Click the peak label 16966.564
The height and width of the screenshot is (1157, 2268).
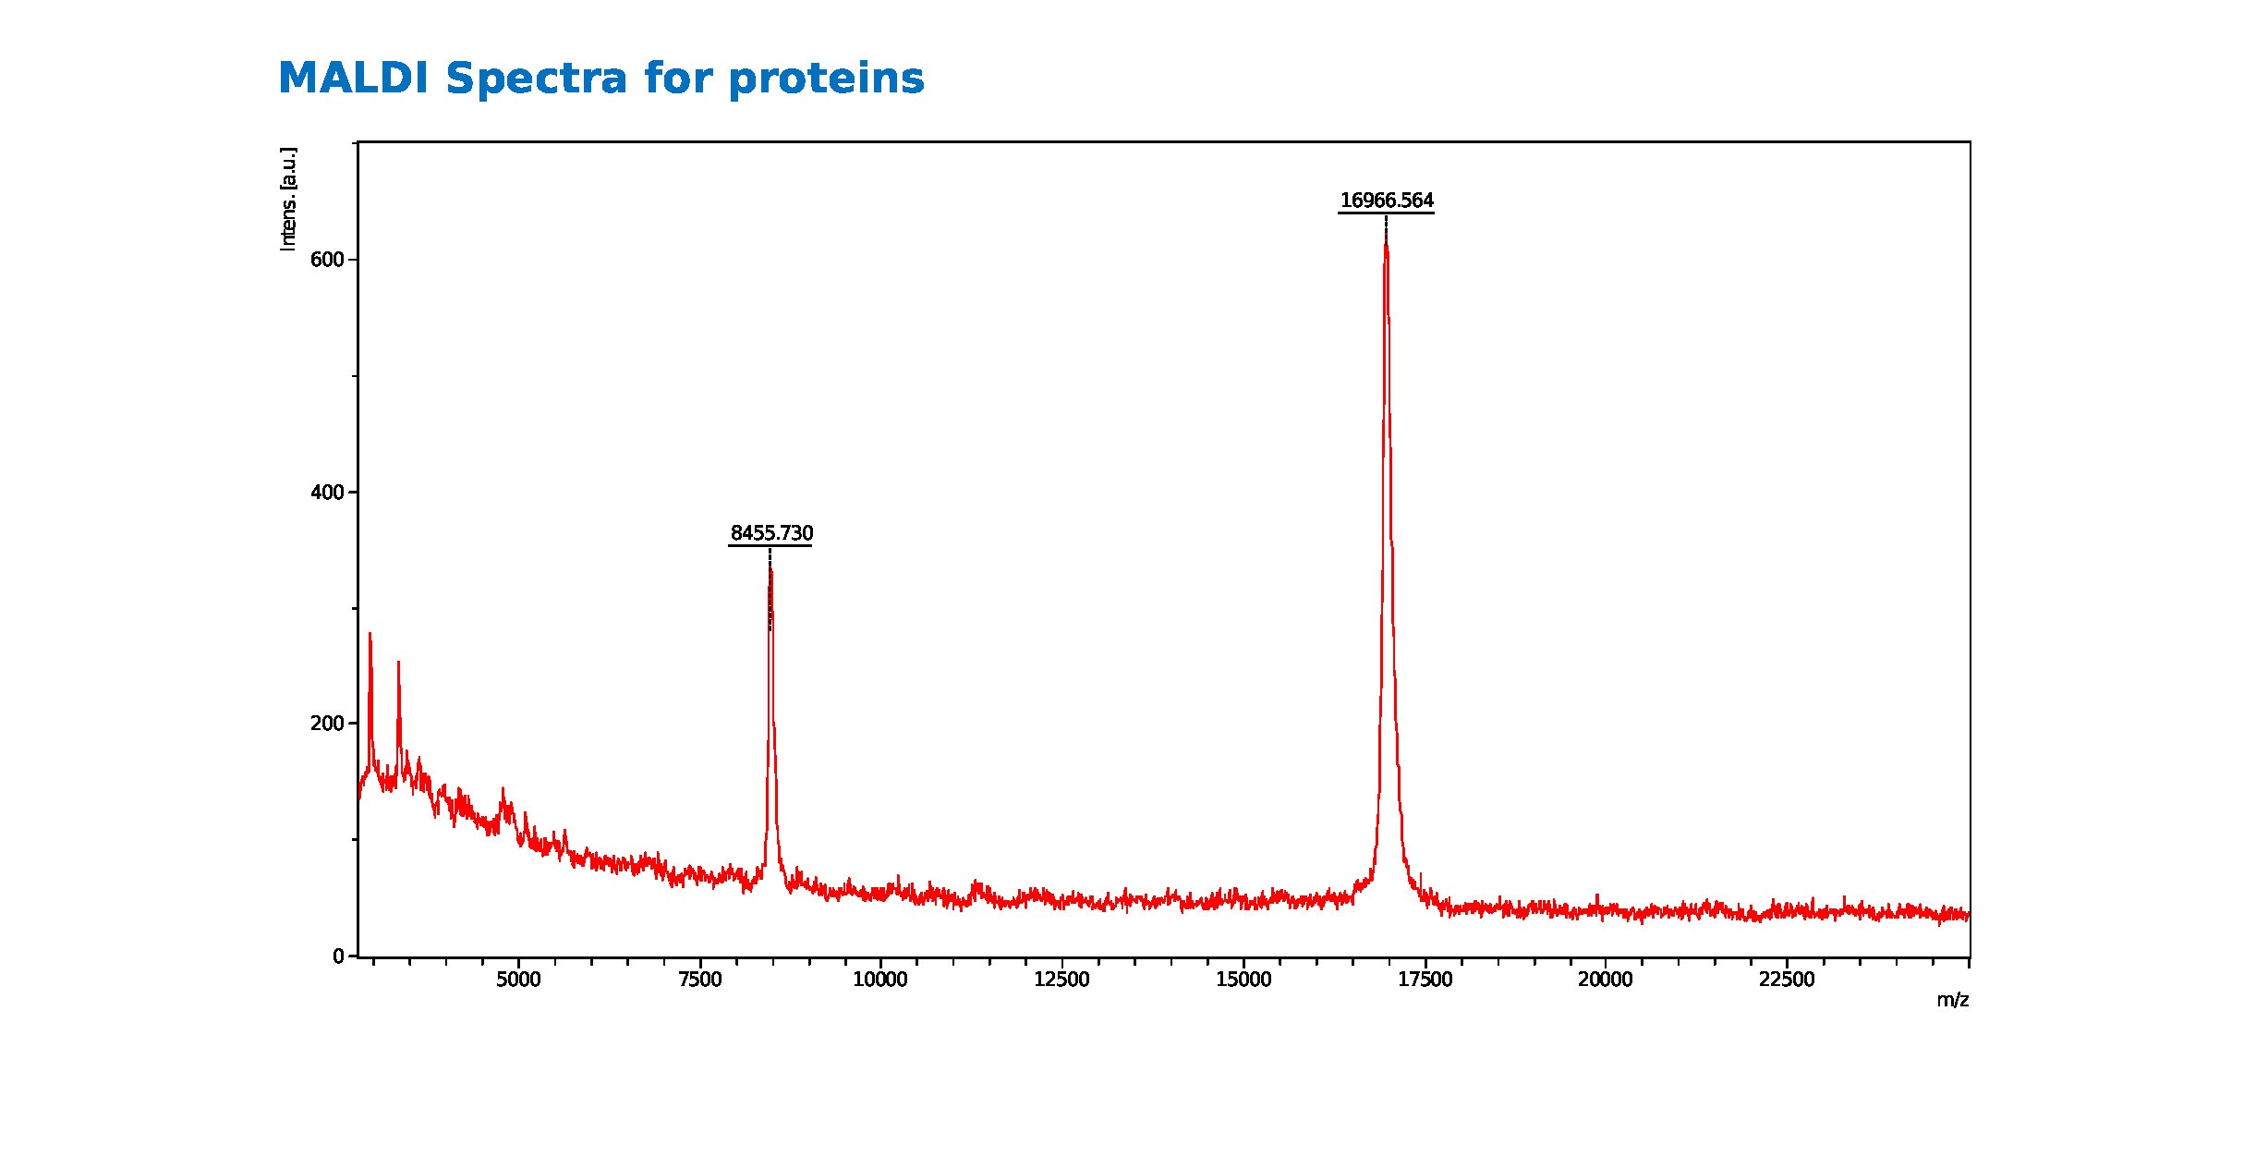coord(1387,201)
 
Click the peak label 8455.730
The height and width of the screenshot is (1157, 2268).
coord(771,533)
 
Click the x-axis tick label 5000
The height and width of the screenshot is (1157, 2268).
coord(518,980)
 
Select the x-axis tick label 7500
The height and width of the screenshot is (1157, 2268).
coord(699,980)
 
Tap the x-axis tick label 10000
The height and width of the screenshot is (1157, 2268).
coord(880,980)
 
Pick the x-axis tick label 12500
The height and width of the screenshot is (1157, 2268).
coord(1061,980)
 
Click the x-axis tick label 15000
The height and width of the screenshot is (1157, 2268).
coord(1243,980)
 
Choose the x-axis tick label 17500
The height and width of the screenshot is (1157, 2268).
coord(1425,980)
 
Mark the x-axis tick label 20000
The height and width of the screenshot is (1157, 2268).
coord(1605,980)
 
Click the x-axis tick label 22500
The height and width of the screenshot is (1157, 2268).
coord(1787,980)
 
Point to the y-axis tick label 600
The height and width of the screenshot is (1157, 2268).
coord(327,260)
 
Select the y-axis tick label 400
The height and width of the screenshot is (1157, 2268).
coord(327,493)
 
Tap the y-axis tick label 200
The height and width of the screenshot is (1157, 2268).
coord(327,724)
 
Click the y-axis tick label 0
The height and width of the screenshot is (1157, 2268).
coord(338,956)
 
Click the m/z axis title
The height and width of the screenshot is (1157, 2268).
coord(1952,1000)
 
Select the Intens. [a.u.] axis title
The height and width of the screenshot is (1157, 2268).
coord(288,199)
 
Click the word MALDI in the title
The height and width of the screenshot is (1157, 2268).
coord(354,78)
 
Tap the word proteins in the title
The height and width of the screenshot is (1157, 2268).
coord(826,79)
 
